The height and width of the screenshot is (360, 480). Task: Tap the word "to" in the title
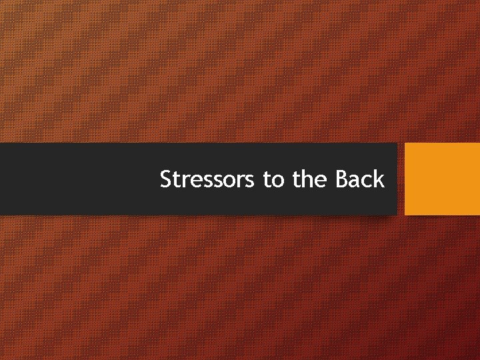pos(273,179)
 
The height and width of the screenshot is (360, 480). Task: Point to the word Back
pos(360,179)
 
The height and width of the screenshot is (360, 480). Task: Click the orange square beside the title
pos(442,179)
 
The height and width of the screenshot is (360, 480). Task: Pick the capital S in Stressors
pos(167,179)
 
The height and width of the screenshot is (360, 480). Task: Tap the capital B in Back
pos(341,179)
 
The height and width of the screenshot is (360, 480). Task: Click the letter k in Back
pos(379,179)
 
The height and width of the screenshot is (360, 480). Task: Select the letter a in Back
pos(355,181)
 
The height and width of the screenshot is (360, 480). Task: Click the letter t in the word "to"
pos(267,180)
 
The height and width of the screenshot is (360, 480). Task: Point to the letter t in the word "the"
pos(297,180)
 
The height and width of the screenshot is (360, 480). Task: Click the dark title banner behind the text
pos(80,179)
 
